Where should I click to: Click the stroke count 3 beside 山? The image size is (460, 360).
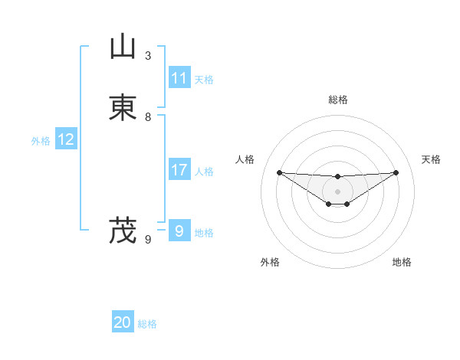[x=148, y=56]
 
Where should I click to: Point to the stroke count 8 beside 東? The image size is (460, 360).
[x=148, y=117]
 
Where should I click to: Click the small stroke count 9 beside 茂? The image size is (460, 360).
[x=148, y=240]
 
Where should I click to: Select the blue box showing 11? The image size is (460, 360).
[x=179, y=78]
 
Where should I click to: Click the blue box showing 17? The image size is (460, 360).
[x=179, y=171]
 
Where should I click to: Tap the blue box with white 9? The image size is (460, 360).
[x=179, y=231]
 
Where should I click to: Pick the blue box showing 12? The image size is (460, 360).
[x=66, y=139]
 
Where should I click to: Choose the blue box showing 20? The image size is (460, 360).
[x=123, y=322]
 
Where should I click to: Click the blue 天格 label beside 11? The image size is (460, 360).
[x=204, y=80]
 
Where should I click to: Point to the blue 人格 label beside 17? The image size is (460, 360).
[x=204, y=172]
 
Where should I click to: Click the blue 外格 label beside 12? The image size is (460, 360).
[x=41, y=141]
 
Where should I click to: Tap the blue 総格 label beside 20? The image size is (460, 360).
[x=147, y=324]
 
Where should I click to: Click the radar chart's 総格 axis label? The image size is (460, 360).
[x=338, y=100]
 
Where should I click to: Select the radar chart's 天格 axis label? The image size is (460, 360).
[x=432, y=159]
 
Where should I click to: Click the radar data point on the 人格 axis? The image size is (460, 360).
[x=279, y=172]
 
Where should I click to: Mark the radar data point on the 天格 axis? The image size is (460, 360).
[x=396, y=172]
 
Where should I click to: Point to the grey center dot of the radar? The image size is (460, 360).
[x=338, y=191]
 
